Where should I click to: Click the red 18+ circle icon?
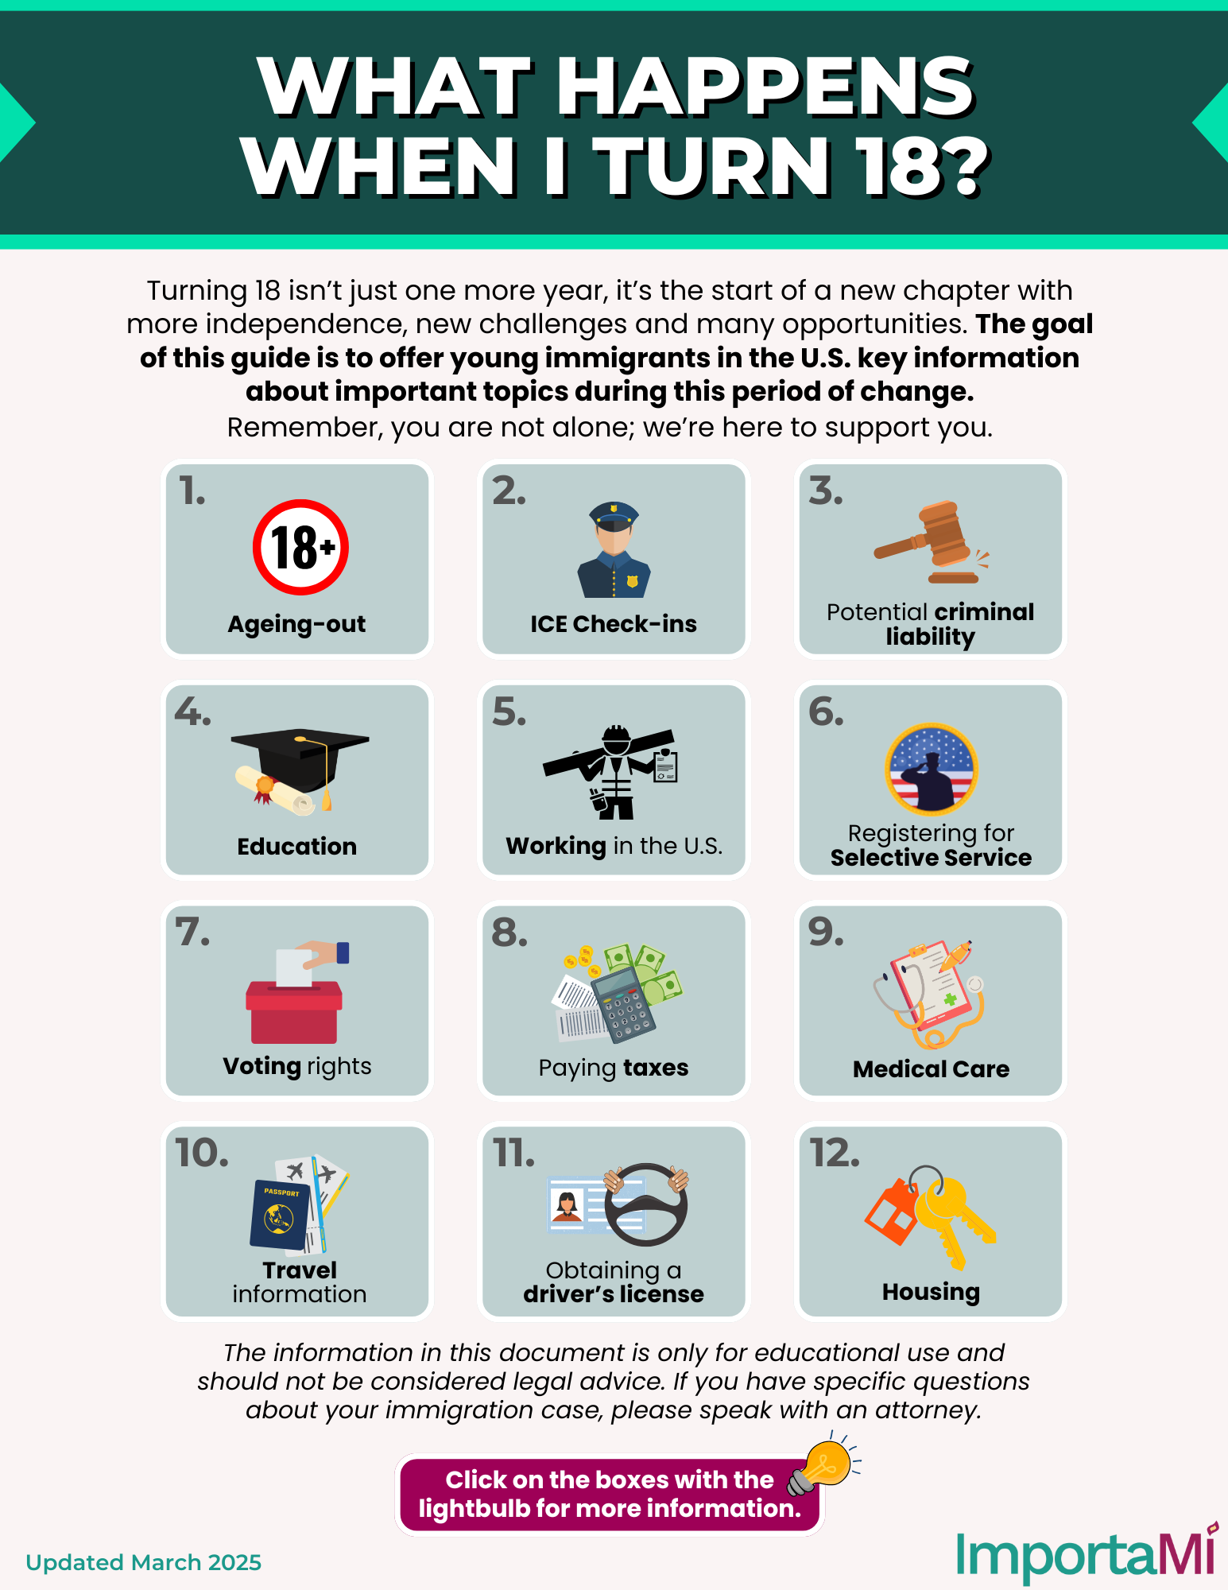tap(300, 547)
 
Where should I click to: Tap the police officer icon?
tap(614, 549)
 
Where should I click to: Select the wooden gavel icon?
tap(931, 541)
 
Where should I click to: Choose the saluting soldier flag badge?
tap(932, 769)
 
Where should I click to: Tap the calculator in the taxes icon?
tap(625, 1004)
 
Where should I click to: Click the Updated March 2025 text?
tap(143, 1562)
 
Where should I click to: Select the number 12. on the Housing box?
tap(835, 1153)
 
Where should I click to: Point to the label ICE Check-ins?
tap(614, 624)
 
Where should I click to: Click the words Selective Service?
tap(931, 858)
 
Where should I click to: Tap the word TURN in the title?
tap(711, 166)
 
